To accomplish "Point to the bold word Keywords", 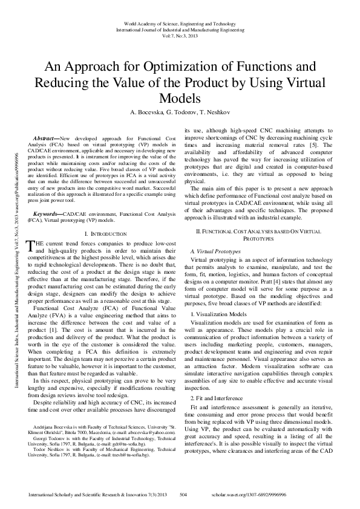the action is tap(48, 214).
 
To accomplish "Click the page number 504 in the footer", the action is tap(185, 494).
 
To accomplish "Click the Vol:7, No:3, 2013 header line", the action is tap(180, 34).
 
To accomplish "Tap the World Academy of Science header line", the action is tap(180, 22).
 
